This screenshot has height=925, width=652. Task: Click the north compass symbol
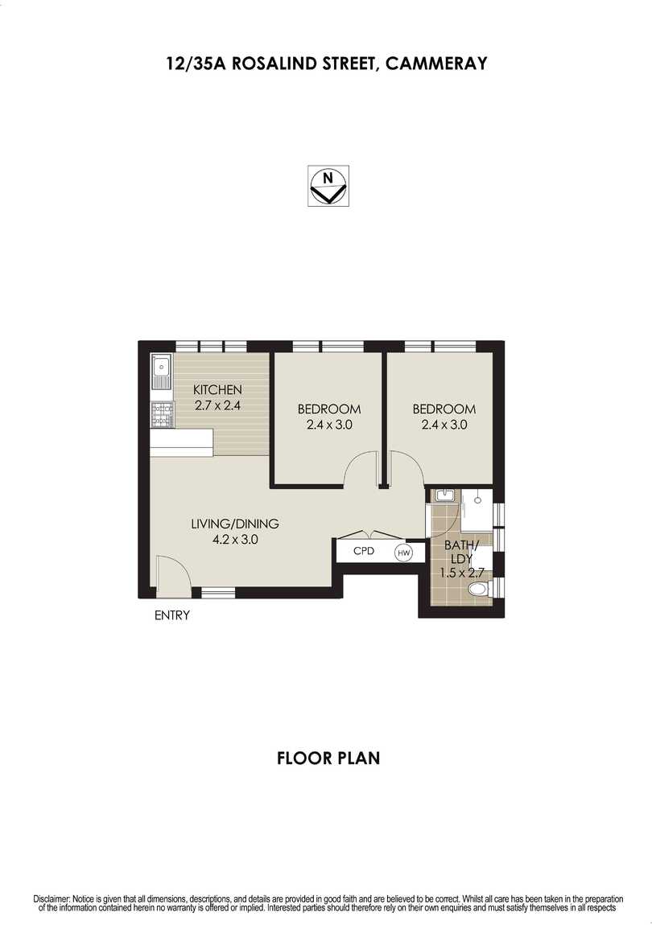click(328, 186)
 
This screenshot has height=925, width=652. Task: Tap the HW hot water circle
click(403, 553)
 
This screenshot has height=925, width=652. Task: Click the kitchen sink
click(162, 372)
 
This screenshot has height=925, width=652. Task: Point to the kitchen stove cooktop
click(162, 414)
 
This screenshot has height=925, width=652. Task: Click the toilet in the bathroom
click(480, 592)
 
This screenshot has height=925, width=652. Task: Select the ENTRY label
click(171, 616)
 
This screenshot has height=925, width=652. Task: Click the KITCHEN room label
click(217, 390)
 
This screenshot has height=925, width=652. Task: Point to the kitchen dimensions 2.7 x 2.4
click(217, 405)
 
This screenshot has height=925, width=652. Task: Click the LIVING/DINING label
click(234, 524)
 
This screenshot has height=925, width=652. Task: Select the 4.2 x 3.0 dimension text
click(234, 540)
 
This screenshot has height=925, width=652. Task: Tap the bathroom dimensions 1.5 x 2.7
click(460, 573)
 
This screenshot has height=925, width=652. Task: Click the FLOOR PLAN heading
click(328, 758)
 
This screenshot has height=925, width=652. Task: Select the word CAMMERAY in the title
click(436, 64)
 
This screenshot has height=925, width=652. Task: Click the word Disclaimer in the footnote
click(52, 898)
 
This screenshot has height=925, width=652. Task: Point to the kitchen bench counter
click(182, 440)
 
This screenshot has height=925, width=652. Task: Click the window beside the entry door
click(217, 593)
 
